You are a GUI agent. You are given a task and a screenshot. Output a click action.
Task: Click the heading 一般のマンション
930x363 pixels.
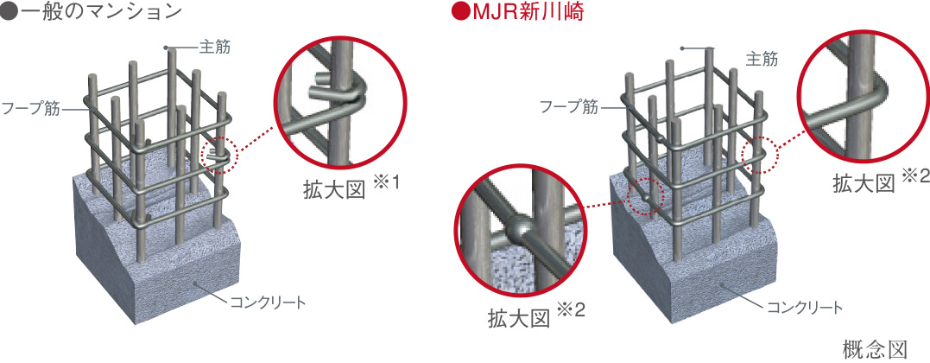[98, 12]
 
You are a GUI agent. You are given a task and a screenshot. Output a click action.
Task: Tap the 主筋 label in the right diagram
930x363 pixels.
[761, 59]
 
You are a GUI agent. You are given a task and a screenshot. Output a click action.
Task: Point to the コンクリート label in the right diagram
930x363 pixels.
[804, 307]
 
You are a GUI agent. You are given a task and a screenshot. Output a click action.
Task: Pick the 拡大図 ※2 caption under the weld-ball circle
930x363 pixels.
[537, 315]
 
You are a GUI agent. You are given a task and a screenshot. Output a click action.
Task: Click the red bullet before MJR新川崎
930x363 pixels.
[459, 13]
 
